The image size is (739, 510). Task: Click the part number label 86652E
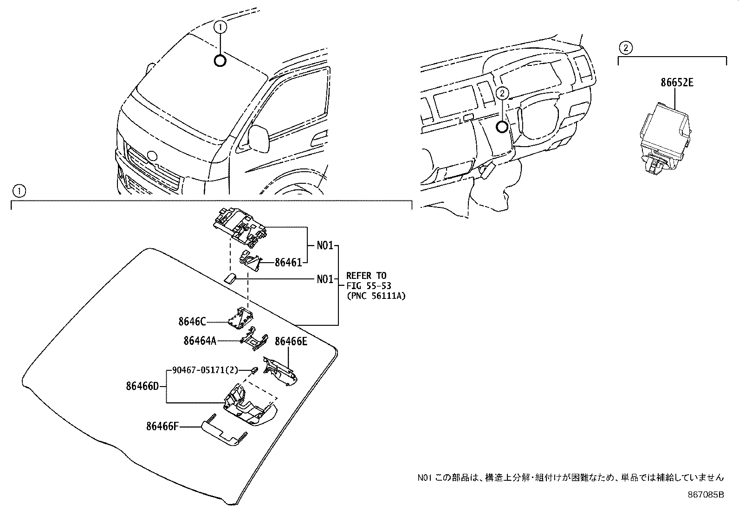click(677, 83)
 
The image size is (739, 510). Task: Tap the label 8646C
click(192, 321)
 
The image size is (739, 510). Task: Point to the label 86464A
click(200, 341)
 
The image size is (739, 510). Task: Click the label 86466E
click(291, 342)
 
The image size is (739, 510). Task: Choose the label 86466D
click(143, 386)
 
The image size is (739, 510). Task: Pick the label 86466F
click(162, 426)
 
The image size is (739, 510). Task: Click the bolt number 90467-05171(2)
click(205, 370)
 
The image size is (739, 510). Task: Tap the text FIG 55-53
click(369, 286)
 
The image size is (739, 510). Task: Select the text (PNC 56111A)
click(376, 296)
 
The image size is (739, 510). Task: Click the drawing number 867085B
click(706, 495)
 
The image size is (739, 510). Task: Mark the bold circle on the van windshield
click(220, 60)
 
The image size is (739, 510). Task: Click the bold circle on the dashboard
click(501, 126)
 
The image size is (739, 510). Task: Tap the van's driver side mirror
click(259, 138)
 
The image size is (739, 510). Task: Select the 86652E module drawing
click(664, 139)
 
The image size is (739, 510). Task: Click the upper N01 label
click(325, 245)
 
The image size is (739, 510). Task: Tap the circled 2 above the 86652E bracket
click(625, 47)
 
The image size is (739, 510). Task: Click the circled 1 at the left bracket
click(19, 190)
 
